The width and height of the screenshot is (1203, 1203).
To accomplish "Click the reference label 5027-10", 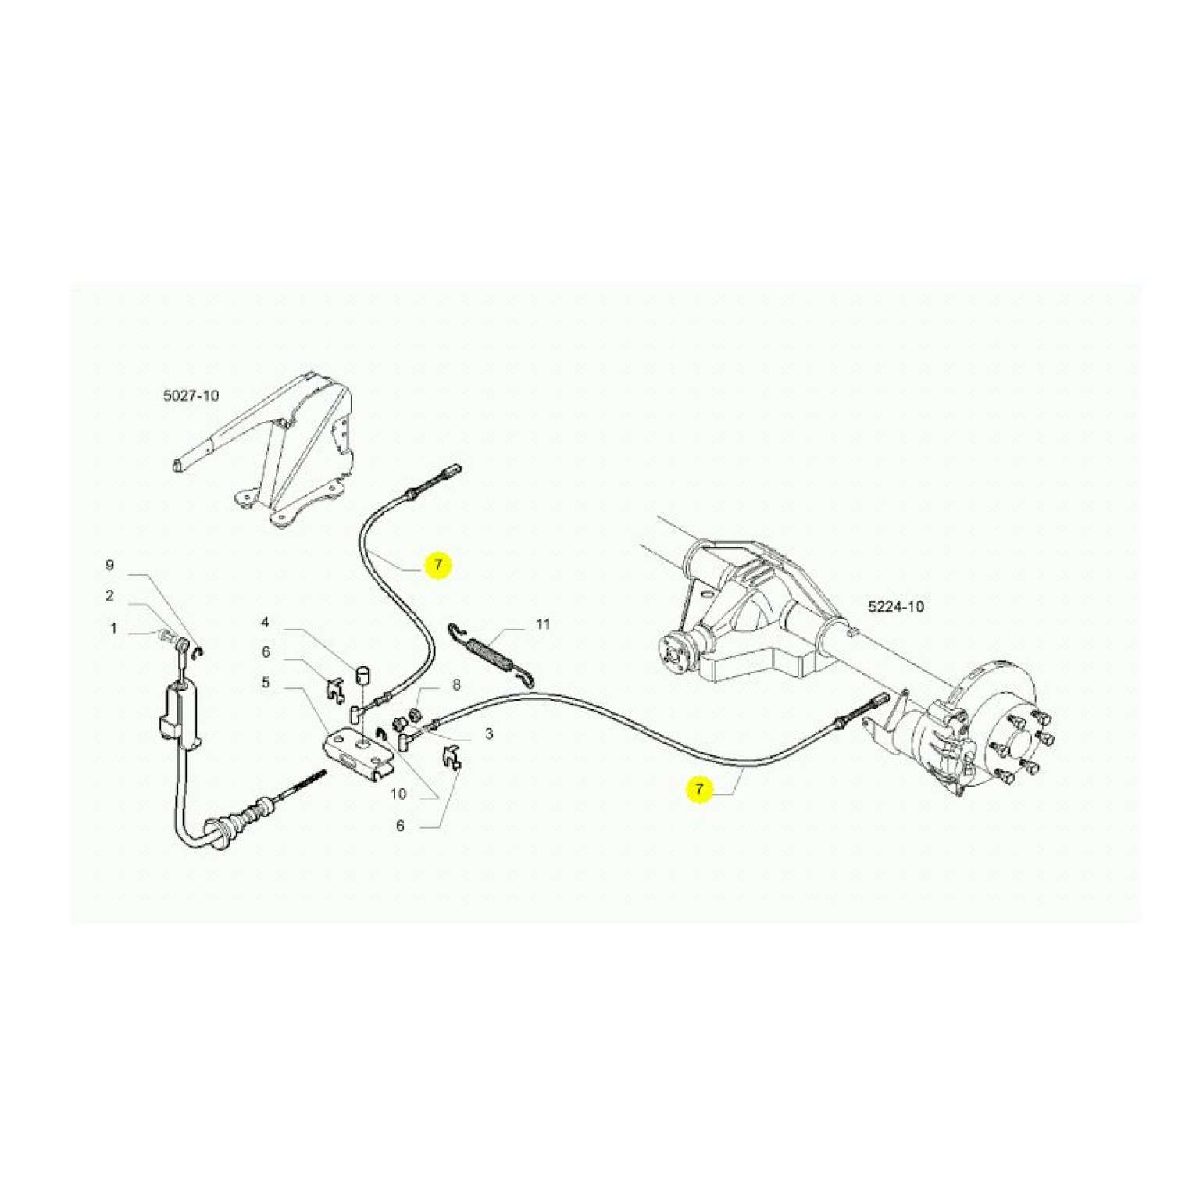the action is click(x=191, y=395).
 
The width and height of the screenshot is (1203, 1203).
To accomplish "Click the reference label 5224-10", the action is click(x=896, y=606).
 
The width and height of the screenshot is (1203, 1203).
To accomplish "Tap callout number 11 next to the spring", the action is click(x=543, y=624).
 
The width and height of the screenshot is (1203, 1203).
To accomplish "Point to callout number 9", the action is click(x=110, y=565).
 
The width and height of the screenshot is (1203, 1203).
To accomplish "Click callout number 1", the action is click(x=114, y=628).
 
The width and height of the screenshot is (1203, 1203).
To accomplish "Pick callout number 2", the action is click(x=110, y=596).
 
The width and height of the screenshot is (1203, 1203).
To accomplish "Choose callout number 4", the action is click(x=266, y=623).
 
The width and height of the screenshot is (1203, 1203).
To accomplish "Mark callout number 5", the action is click(x=266, y=683).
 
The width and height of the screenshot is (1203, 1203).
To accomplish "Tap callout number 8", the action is click(x=456, y=685).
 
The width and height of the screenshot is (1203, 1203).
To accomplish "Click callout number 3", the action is click(x=489, y=734).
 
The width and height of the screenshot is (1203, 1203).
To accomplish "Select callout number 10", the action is click(x=398, y=794).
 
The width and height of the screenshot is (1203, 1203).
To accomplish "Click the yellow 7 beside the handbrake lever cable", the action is click(x=438, y=565).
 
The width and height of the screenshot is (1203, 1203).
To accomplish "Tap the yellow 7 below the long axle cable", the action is click(x=699, y=789).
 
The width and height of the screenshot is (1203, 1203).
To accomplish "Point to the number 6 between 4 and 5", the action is click(x=266, y=651).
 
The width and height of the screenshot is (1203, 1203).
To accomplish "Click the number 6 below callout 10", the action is click(x=400, y=826).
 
